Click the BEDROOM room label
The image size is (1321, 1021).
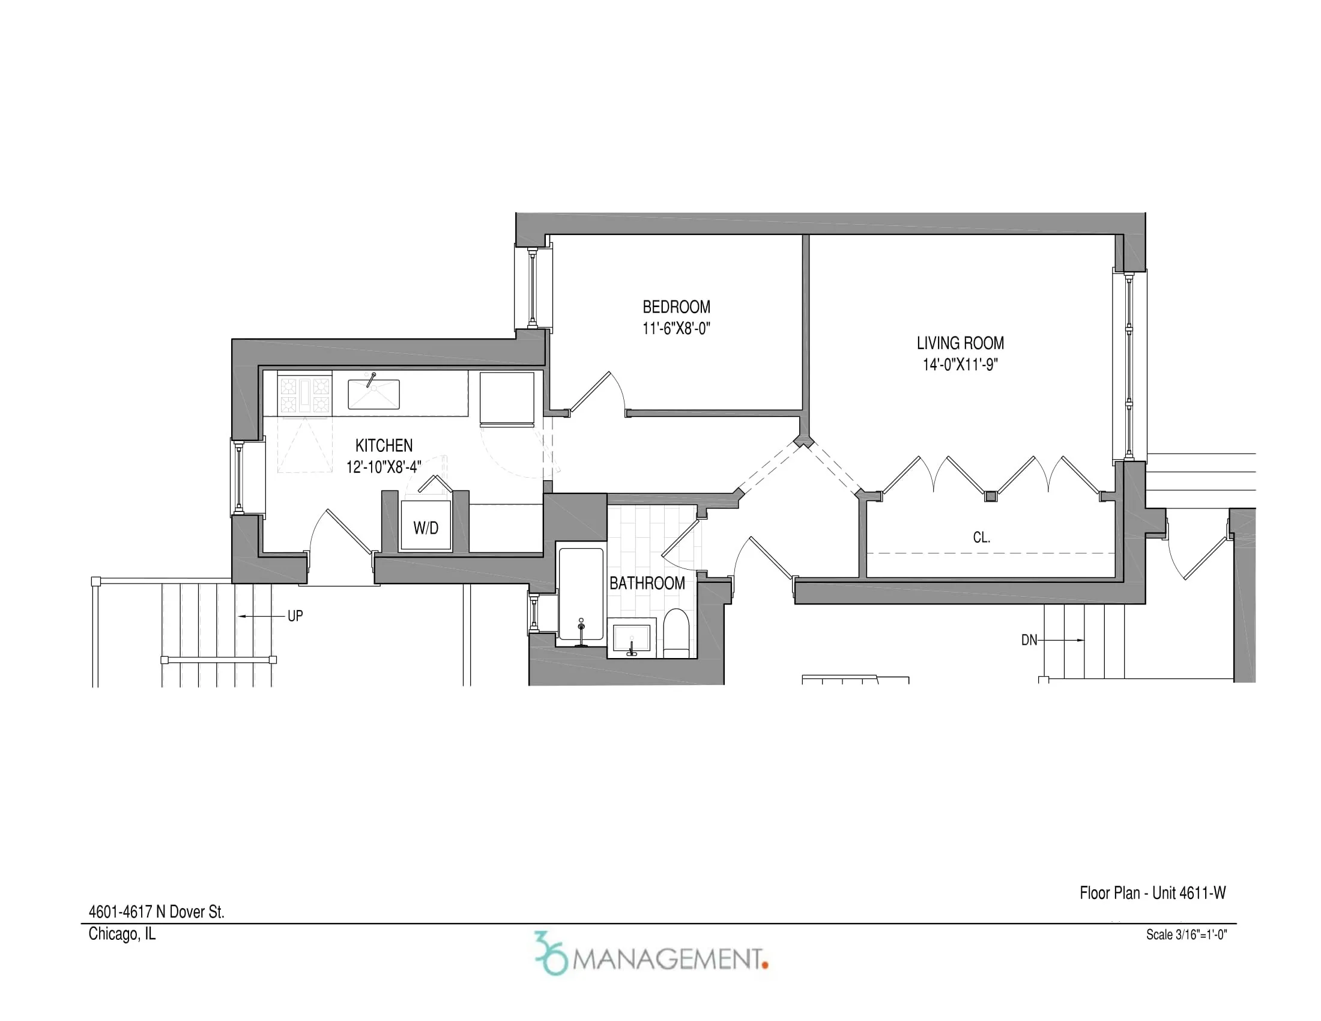[676, 307]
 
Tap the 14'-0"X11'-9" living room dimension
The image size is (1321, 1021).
[960, 365]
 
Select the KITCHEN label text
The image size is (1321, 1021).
[384, 445]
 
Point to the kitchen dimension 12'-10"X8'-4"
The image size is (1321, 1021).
[384, 467]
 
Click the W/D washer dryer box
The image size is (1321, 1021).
[426, 526]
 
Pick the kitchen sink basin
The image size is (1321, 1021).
[373, 395]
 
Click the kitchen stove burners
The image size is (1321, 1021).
[304, 395]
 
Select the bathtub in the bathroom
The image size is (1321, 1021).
[581, 593]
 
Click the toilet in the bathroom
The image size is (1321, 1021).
[676, 632]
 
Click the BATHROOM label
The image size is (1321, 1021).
[647, 584]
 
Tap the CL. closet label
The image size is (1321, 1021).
[981, 537]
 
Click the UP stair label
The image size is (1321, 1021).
[295, 616]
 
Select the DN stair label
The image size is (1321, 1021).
[1029, 640]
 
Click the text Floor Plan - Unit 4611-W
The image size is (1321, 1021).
[1152, 892]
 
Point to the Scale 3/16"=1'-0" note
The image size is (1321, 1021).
[1186, 934]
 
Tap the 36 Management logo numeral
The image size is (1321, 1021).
[551, 953]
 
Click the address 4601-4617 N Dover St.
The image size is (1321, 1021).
[156, 912]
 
